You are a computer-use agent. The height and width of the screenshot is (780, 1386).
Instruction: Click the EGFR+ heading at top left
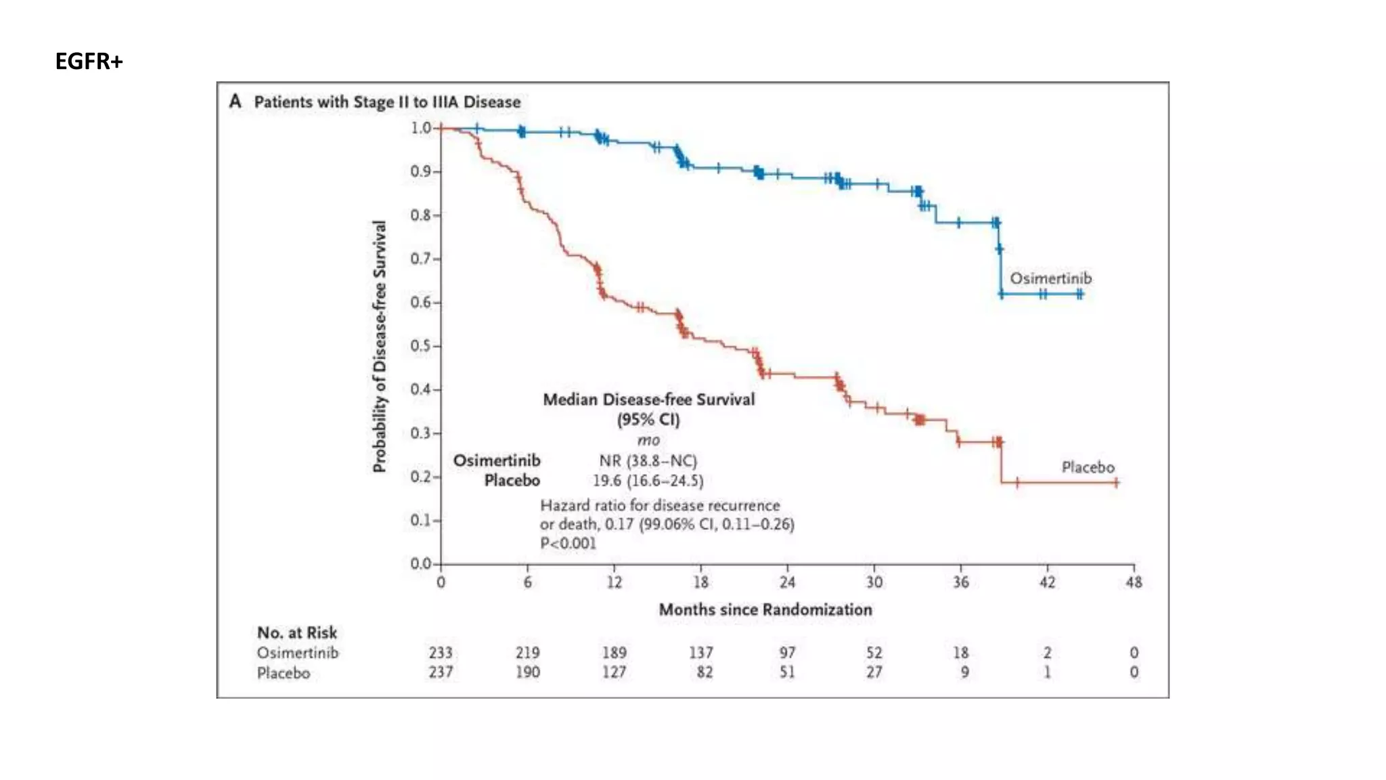[x=89, y=62]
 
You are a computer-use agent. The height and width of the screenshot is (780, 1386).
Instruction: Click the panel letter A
[x=235, y=102]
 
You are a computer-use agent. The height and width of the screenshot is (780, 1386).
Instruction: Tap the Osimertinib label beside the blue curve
[x=1050, y=278]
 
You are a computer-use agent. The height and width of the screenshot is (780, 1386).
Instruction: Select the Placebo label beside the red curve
[x=1088, y=467]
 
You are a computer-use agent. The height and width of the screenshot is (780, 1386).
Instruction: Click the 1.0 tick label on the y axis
[x=420, y=128]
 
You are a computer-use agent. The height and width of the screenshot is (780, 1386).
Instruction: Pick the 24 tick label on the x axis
[x=787, y=582]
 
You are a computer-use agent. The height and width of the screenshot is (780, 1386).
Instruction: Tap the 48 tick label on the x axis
[x=1134, y=582]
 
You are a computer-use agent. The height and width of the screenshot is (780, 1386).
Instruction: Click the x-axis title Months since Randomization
[x=765, y=609]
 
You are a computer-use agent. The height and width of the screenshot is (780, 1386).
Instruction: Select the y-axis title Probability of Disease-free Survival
[x=380, y=346]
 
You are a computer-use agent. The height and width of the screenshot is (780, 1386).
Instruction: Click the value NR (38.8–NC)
[x=648, y=461]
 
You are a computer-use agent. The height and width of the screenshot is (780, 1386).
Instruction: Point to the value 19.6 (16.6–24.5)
[x=648, y=481]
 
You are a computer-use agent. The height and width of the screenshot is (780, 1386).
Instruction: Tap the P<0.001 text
[x=568, y=543]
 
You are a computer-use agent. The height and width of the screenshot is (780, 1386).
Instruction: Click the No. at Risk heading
[x=296, y=632]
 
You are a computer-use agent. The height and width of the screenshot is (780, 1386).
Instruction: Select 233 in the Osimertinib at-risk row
[x=441, y=653]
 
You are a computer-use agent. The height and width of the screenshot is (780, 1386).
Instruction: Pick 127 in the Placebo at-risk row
[x=614, y=672]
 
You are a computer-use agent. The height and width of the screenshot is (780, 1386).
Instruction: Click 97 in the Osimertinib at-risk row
[x=787, y=653]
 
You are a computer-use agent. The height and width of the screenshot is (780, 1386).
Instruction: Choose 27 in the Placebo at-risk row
[x=874, y=672]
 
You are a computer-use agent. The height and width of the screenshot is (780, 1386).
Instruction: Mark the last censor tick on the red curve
[x=1116, y=483]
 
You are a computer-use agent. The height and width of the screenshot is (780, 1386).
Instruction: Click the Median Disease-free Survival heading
[x=648, y=399]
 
